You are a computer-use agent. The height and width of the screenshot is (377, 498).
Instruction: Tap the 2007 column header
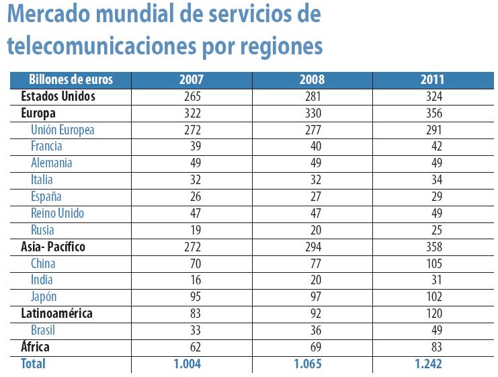click(x=192, y=79)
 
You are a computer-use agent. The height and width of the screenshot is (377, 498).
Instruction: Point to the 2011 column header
click(x=432, y=79)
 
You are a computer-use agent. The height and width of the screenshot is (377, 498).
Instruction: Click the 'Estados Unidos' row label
click(x=58, y=96)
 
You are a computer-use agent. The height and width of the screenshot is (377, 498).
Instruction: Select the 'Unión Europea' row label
click(x=63, y=130)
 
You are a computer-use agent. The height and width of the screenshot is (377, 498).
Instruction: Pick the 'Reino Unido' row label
click(x=57, y=213)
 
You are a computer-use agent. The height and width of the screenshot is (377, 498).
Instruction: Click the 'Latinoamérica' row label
click(x=56, y=314)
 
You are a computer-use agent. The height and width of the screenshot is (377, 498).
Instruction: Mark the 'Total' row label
click(x=33, y=364)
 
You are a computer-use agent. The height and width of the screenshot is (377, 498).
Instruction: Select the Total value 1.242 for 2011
click(x=432, y=364)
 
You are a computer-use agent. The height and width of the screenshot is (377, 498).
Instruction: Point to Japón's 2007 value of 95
click(x=192, y=297)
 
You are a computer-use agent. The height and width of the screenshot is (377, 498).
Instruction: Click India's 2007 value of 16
click(x=192, y=280)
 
